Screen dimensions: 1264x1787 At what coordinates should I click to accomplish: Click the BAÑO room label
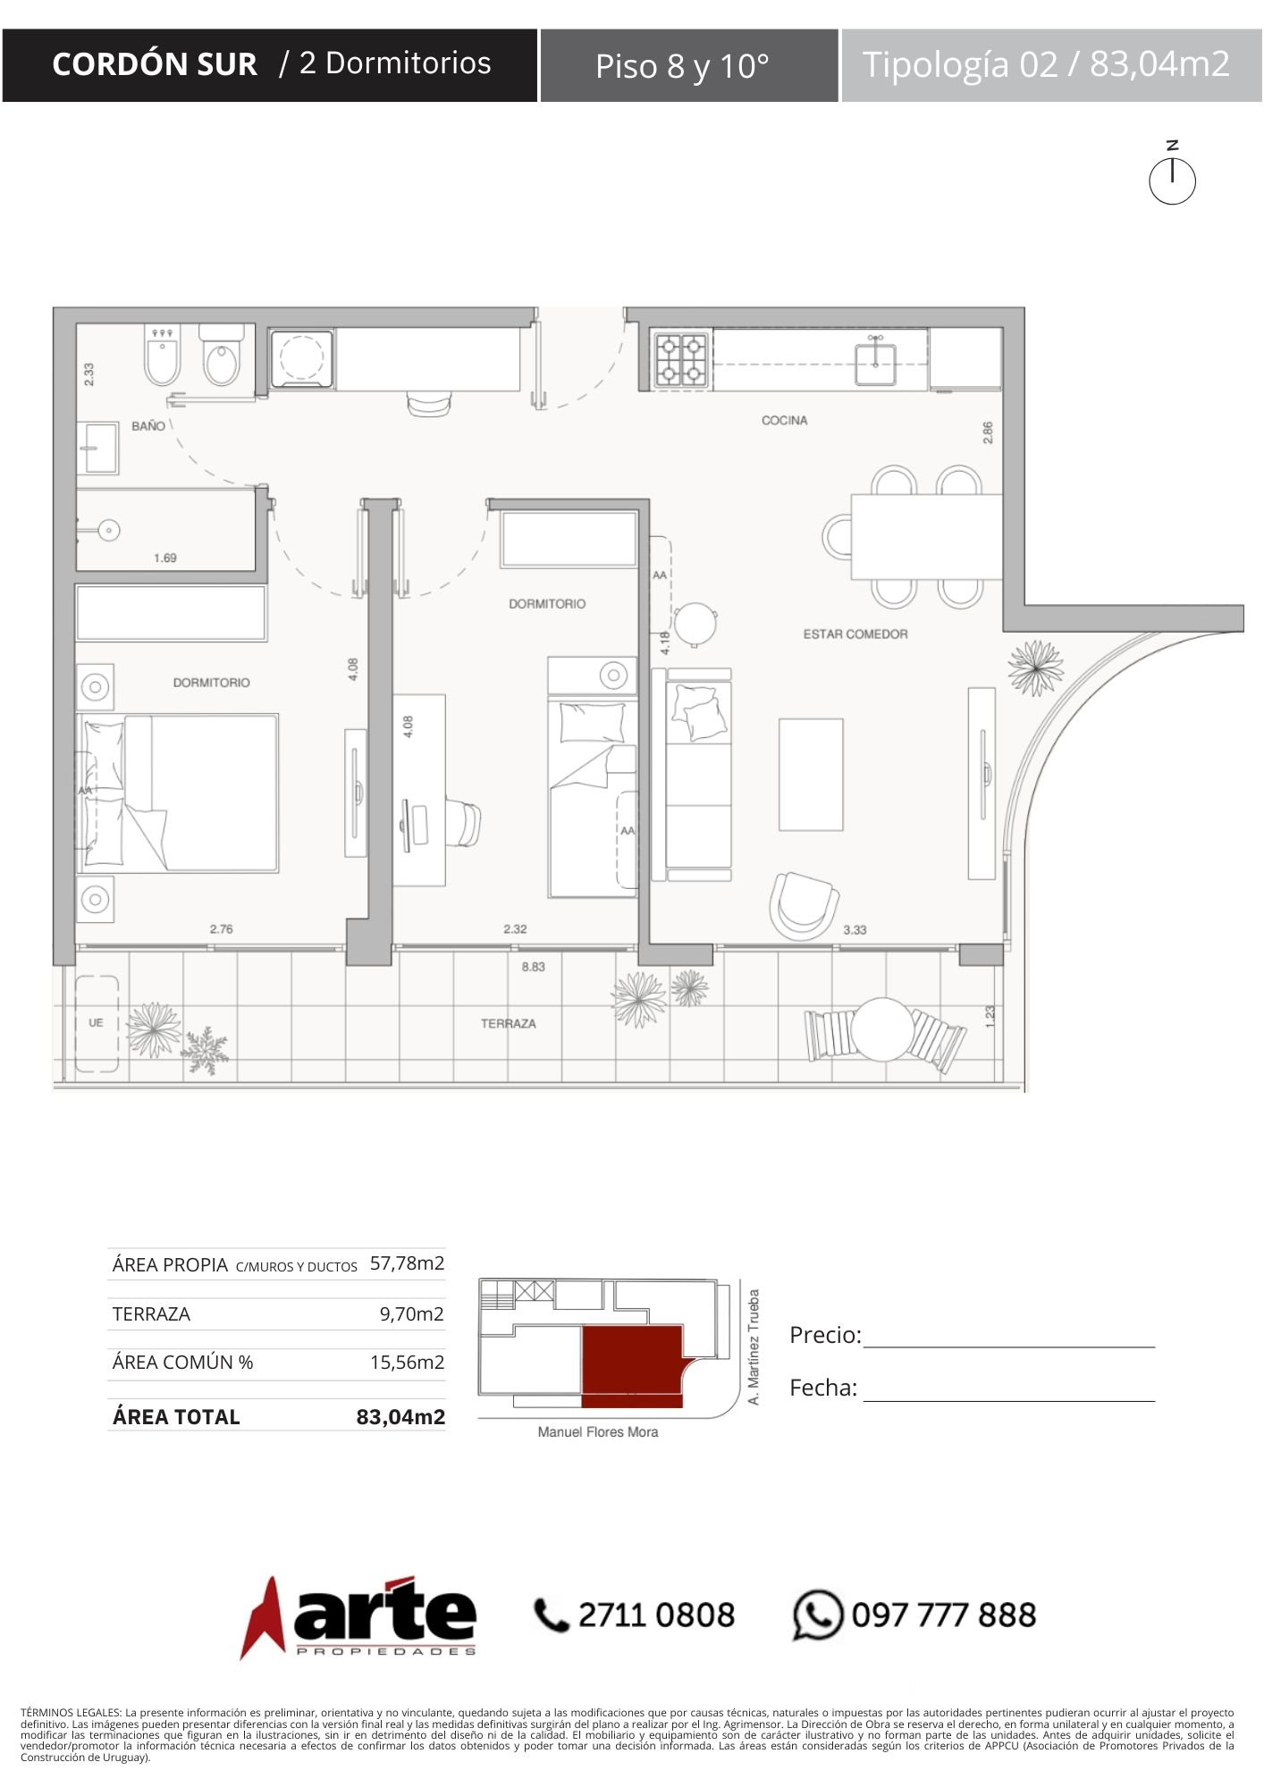tap(148, 426)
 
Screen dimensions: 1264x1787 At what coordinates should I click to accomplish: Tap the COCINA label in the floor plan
tap(784, 420)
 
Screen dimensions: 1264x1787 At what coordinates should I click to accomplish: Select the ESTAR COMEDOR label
tap(855, 634)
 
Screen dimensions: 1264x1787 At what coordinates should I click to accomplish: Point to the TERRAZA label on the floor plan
tap(509, 1023)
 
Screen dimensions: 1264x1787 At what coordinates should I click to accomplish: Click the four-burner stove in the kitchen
tap(683, 360)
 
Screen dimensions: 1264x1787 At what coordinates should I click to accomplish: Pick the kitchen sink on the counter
tap(876, 360)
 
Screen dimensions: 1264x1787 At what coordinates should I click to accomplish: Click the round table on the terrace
tap(881, 1028)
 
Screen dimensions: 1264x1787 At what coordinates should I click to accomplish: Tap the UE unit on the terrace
tap(97, 1023)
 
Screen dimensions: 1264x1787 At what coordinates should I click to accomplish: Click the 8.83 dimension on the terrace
tap(534, 967)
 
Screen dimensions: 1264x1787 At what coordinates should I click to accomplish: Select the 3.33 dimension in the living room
tap(855, 930)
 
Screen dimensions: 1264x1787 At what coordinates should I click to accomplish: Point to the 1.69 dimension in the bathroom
tap(165, 558)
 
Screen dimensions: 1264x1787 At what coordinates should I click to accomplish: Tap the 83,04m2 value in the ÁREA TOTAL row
tap(400, 1417)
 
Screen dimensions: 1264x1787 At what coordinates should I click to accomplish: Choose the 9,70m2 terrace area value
tap(412, 1314)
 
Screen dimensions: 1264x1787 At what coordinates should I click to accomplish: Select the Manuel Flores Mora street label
tap(598, 1432)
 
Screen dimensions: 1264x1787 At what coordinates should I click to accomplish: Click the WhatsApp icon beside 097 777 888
tap(817, 1615)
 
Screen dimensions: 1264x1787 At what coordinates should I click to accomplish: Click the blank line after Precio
tap(1009, 1346)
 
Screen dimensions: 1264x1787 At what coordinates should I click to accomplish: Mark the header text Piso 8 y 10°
tap(682, 66)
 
